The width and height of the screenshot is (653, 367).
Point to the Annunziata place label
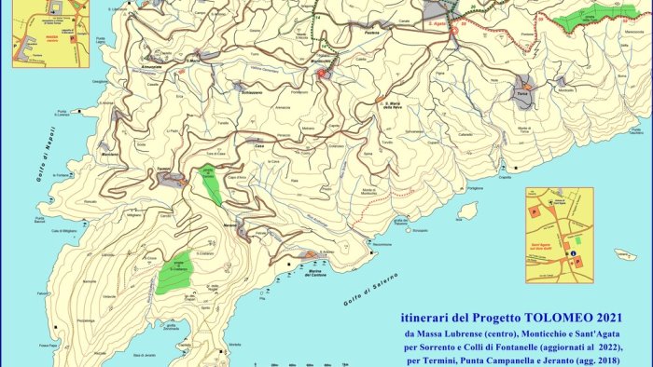pos(154,66)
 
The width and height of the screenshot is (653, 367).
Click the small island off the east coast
pos(467,211)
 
